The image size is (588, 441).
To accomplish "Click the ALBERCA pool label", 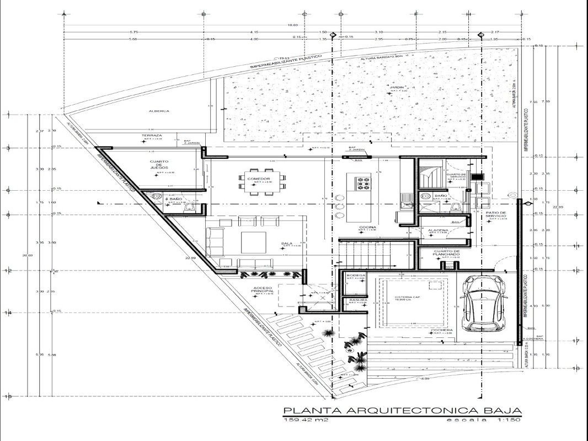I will (x=158, y=111).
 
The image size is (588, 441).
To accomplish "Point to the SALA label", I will (x=287, y=243).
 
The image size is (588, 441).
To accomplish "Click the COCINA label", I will (x=368, y=227).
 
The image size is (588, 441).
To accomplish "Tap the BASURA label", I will (x=354, y=300).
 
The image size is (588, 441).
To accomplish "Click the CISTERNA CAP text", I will (x=409, y=297).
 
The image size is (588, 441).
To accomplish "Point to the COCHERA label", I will (x=442, y=330).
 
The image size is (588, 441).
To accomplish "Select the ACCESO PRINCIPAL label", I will (x=263, y=290).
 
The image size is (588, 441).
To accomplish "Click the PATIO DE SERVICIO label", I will (x=496, y=214).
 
